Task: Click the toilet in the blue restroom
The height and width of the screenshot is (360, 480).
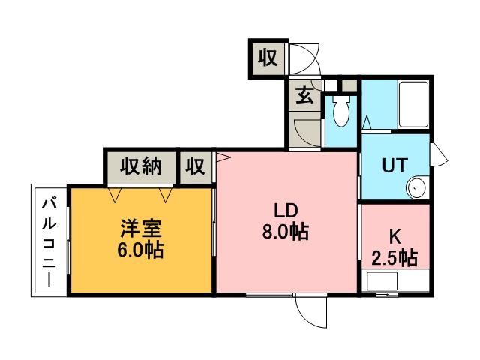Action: pyautogui.click(x=341, y=111)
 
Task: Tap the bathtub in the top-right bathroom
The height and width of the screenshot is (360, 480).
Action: pyautogui.click(x=413, y=105)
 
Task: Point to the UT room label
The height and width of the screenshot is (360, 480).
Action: pyautogui.click(x=395, y=165)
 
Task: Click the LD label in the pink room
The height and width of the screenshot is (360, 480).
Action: pyautogui.click(x=286, y=211)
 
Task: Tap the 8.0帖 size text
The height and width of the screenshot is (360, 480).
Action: pyautogui.click(x=285, y=232)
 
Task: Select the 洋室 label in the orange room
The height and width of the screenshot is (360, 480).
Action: pyautogui.click(x=141, y=229)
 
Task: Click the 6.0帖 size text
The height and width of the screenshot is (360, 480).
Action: pyautogui.click(x=140, y=250)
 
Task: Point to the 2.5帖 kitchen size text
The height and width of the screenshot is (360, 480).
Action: pyautogui.click(x=395, y=258)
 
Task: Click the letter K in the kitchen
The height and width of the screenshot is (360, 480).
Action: pyautogui.click(x=395, y=237)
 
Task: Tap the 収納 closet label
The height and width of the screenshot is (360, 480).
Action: pyautogui.click(x=140, y=166)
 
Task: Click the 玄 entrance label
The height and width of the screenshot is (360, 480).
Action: pyautogui.click(x=305, y=94)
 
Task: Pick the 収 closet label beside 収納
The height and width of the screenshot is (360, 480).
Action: pyautogui.click(x=195, y=166)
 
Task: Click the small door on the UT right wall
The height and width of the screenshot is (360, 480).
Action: pyautogui.click(x=439, y=154)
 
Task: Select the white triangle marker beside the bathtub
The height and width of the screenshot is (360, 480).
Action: pyautogui.click(x=367, y=123)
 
